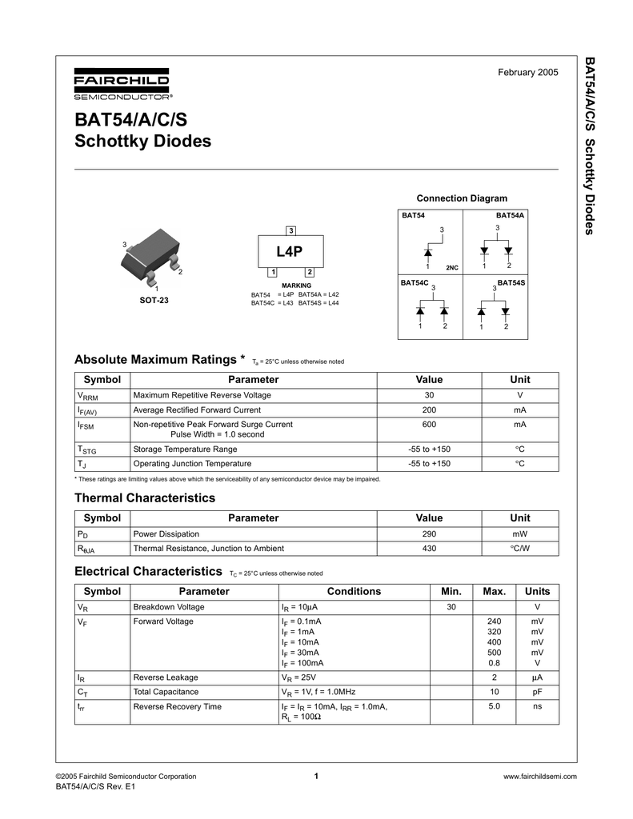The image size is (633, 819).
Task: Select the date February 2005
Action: (528, 73)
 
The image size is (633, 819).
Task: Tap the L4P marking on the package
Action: (289, 252)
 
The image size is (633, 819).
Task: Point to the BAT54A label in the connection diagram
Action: (510, 215)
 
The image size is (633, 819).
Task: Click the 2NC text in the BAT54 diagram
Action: (451, 266)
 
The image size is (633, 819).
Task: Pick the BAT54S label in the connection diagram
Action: (511, 283)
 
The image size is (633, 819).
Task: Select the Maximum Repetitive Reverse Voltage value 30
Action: (429, 395)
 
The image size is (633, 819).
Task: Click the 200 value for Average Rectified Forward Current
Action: (429, 409)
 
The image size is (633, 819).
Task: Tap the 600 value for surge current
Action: (429, 424)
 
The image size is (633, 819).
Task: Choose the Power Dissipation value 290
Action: (429, 533)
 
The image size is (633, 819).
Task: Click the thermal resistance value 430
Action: (429, 548)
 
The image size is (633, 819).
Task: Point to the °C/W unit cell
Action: (520, 548)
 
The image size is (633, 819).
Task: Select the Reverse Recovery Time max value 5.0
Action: (494, 706)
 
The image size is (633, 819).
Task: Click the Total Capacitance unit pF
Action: (537, 692)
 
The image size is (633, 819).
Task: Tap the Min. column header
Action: (451, 591)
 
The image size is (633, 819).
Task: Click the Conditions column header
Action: (354, 591)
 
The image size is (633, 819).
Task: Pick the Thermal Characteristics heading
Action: (144, 497)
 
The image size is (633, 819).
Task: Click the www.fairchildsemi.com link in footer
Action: (539, 777)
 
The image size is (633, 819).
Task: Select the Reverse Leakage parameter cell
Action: (166, 677)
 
